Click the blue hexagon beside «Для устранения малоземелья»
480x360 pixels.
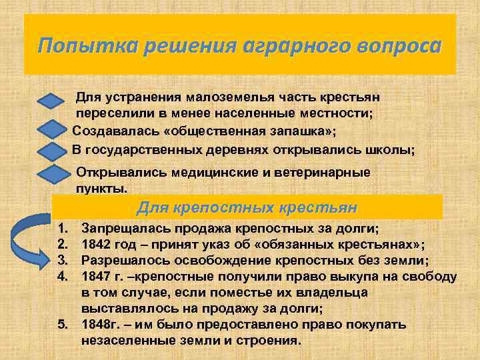pyautogui.click(x=55, y=103)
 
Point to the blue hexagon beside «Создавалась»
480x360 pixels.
pyautogui.click(x=55, y=129)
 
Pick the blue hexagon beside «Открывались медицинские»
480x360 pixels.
pyautogui.click(x=55, y=175)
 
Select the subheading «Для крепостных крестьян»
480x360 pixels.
pyautogui.click(x=247, y=207)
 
